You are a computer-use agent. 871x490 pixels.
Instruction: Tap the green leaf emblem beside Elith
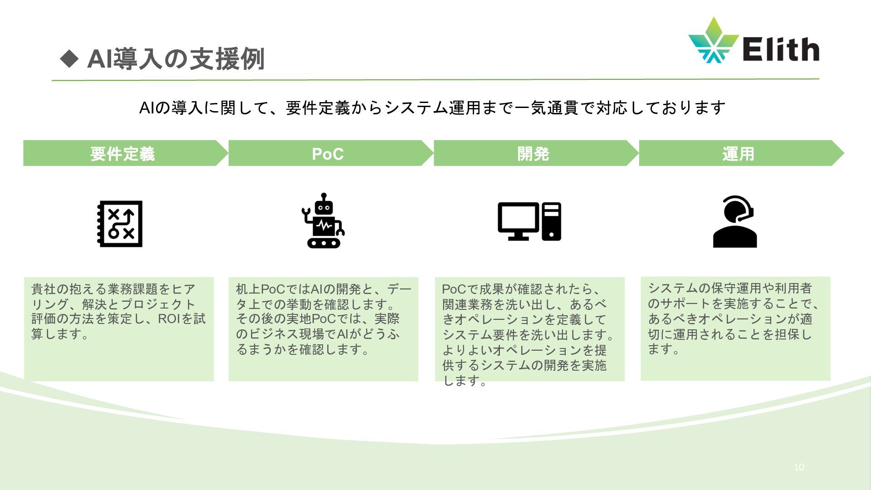(713, 40)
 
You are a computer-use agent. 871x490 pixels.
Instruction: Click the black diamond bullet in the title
(69, 59)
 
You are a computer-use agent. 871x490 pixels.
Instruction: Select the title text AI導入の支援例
(175, 59)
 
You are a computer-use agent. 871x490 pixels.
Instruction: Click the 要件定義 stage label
(122, 154)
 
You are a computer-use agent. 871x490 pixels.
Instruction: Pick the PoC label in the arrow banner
(328, 154)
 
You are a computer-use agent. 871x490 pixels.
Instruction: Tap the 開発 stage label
(533, 154)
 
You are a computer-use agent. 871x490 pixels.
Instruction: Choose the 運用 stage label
(738, 154)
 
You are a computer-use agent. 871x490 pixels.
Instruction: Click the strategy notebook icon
(120, 224)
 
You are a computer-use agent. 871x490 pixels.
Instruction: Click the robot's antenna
(323, 197)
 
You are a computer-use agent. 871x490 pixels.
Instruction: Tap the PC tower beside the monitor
(551, 221)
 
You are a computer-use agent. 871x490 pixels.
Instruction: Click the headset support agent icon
(735, 221)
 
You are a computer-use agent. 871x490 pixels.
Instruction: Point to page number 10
(798, 467)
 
